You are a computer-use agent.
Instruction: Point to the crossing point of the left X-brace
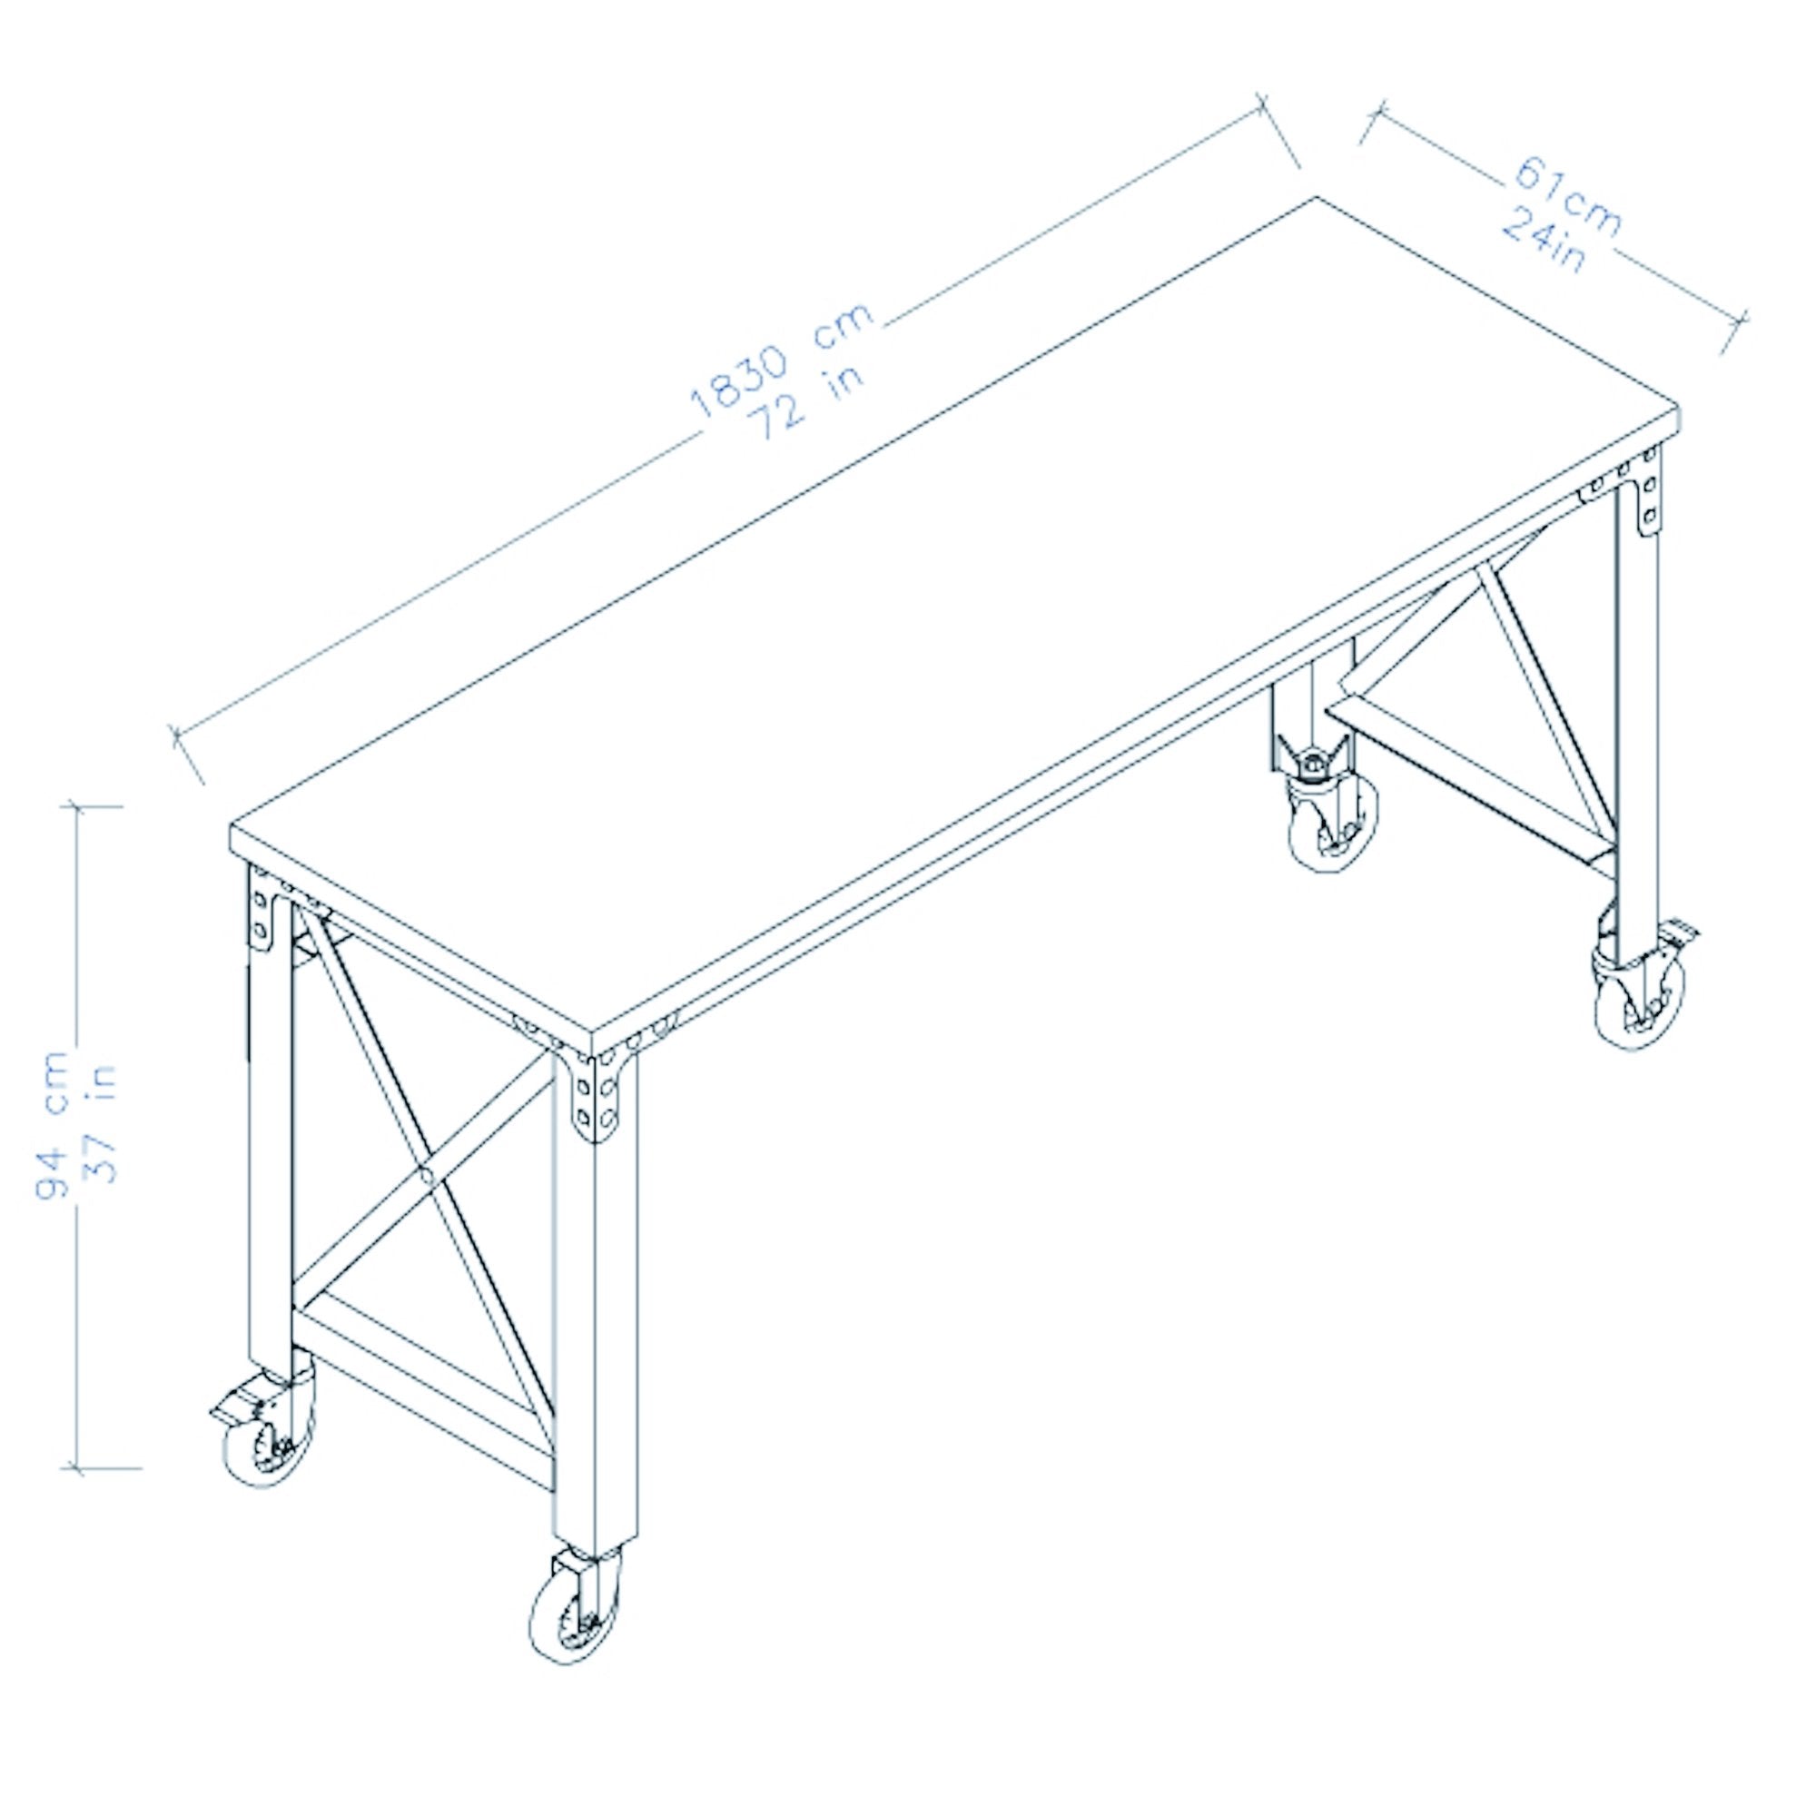[x=426, y=1174]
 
